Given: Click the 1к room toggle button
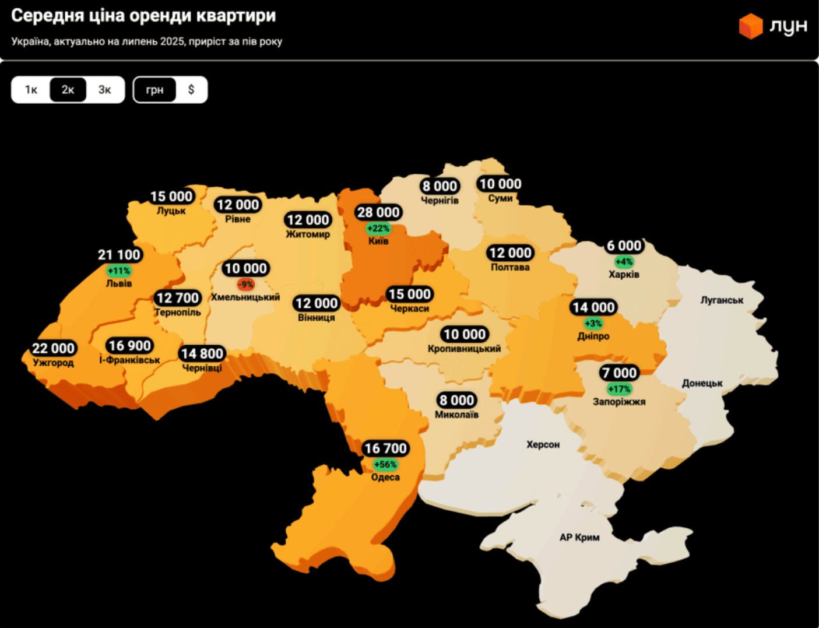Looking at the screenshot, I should click(x=31, y=90).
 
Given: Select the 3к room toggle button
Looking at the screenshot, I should click(x=105, y=90).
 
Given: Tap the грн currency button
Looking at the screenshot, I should click(x=154, y=90).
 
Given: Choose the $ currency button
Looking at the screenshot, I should click(x=191, y=90).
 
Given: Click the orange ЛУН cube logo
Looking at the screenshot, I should click(x=750, y=26).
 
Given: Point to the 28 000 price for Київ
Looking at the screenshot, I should click(x=378, y=212).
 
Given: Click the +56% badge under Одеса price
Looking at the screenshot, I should click(x=385, y=465).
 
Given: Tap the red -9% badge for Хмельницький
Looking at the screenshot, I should click(x=245, y=285).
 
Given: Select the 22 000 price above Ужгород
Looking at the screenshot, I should click(x=53, y=348).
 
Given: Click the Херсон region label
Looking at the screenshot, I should click(x=543, y=444).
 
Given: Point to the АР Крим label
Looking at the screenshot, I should click(x=579, y=537).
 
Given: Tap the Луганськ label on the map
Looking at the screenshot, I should click(x=722, y=300).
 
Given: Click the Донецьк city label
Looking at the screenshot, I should click(x=702, y=383).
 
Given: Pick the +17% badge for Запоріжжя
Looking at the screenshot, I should click(x=619, y=389).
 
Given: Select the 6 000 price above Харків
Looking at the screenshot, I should click(x=624, y=246).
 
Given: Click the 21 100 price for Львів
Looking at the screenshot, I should click(x=119, y=255).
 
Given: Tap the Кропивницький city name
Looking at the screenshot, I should click(x=464, y=349).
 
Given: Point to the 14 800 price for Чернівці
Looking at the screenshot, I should click(x=202, y=354).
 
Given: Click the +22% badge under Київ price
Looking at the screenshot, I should click(x=378, y=229).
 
